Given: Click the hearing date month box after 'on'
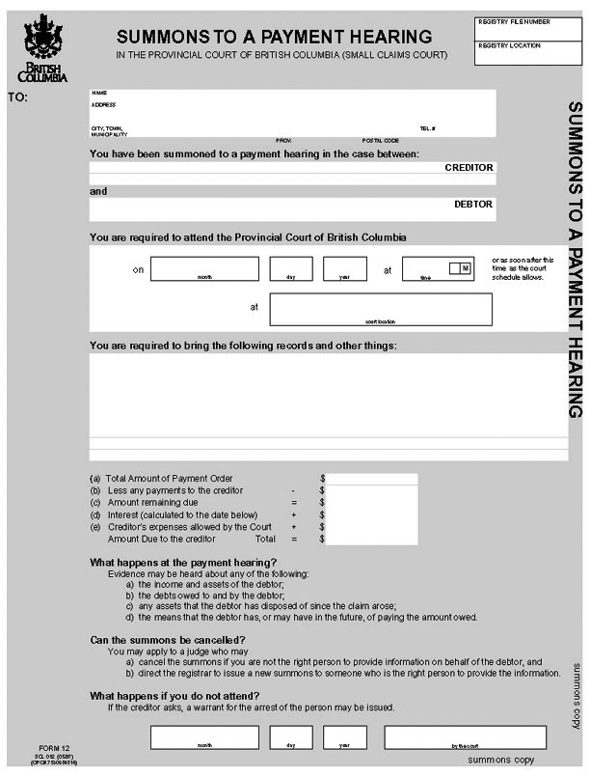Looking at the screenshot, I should (204, 268).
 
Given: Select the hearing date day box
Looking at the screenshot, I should (290, 268).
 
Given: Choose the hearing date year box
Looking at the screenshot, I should (344, 268).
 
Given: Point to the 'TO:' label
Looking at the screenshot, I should (17, 97).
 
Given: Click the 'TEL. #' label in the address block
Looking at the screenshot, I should (427, 128).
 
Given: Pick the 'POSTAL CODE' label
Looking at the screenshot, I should (380, 141).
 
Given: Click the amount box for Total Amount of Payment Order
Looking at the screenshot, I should (373, 479).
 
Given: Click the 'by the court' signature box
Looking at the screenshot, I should (452, 737).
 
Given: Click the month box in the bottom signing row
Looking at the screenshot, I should (204, 737).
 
